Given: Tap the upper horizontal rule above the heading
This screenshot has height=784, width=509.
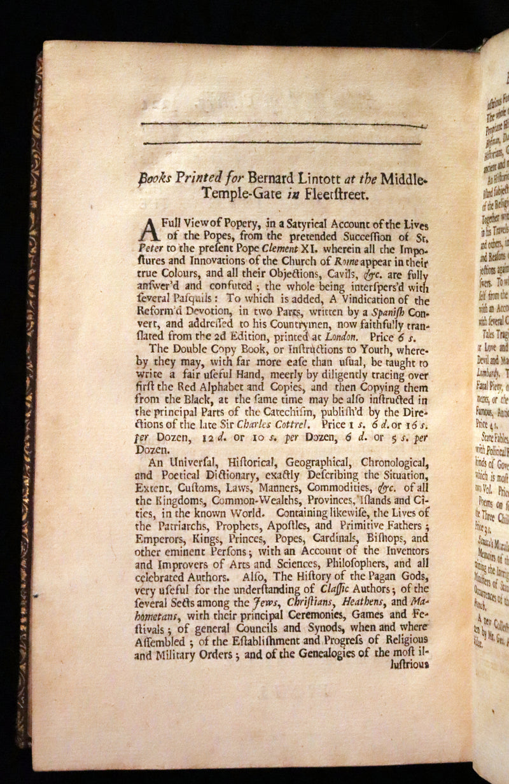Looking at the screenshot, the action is (x=283, y=123).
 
